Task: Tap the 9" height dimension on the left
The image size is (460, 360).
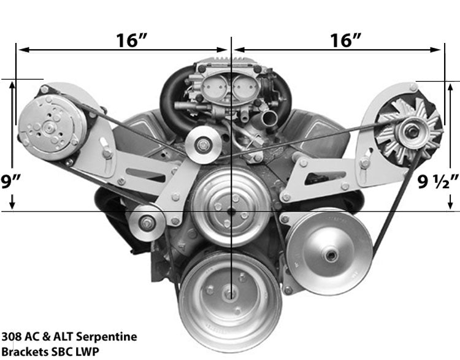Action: [11, 182]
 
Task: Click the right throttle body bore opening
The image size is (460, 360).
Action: [243, 92]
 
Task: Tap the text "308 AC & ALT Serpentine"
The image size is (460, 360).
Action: [69, 337]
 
